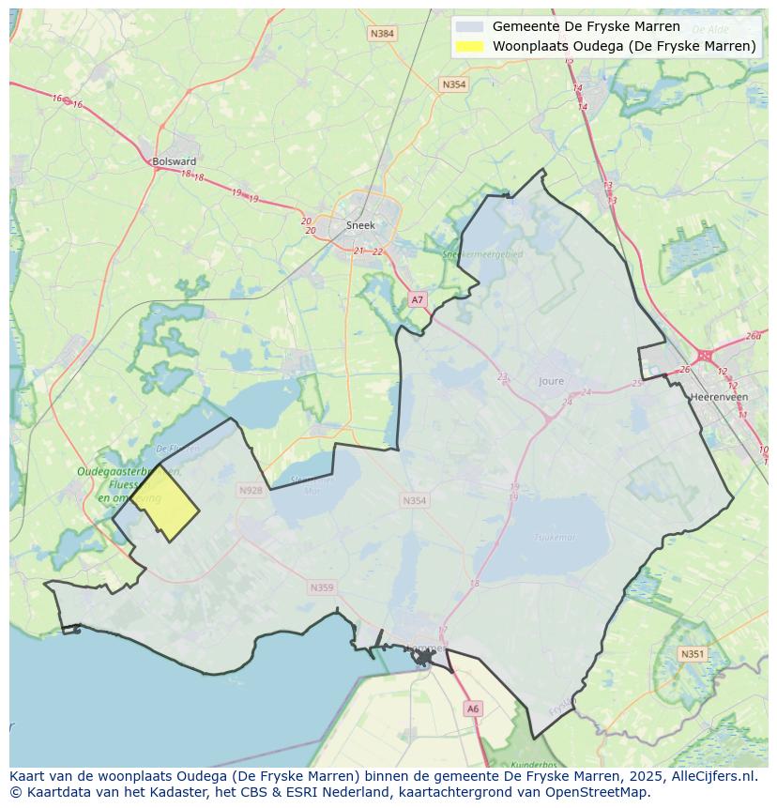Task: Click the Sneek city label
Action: coord(360,225)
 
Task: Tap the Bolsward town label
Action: coord(174,161)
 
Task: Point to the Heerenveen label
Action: coord(718,397)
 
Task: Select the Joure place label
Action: coord(552,381)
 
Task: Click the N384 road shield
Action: coord(382,34)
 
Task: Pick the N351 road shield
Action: coord(692,654)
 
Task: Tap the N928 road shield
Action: coord(251,491)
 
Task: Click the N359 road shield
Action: coord(321,587)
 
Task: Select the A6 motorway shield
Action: coord(473,709)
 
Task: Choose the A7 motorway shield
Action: coord(418,299)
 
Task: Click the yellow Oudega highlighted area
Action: coord(165,504)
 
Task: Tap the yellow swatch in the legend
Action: coord(468,46)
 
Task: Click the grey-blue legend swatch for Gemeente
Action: coord(468,27)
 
